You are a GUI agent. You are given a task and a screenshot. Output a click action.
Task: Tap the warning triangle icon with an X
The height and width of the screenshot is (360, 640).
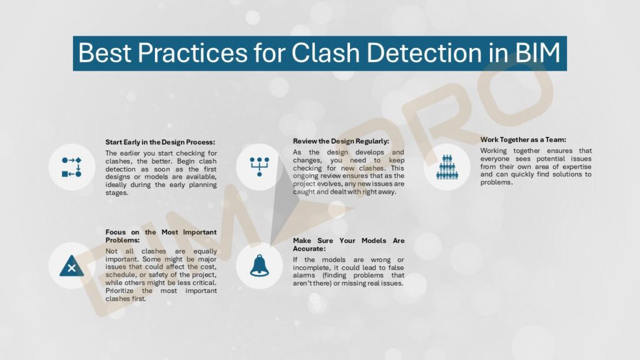(71, 266)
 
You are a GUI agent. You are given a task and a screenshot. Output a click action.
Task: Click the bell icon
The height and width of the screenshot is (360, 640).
(259, 266)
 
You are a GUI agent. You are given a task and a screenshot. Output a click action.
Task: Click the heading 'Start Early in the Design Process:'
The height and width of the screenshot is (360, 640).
(160, 142)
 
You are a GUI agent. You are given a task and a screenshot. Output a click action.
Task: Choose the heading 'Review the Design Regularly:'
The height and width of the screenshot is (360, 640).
(341, 141)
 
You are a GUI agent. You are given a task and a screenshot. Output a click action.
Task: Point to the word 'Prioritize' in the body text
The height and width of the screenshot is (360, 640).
(122, 291)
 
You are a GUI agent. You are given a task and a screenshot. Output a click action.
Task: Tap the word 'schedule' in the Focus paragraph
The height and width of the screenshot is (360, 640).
(121, 275)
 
